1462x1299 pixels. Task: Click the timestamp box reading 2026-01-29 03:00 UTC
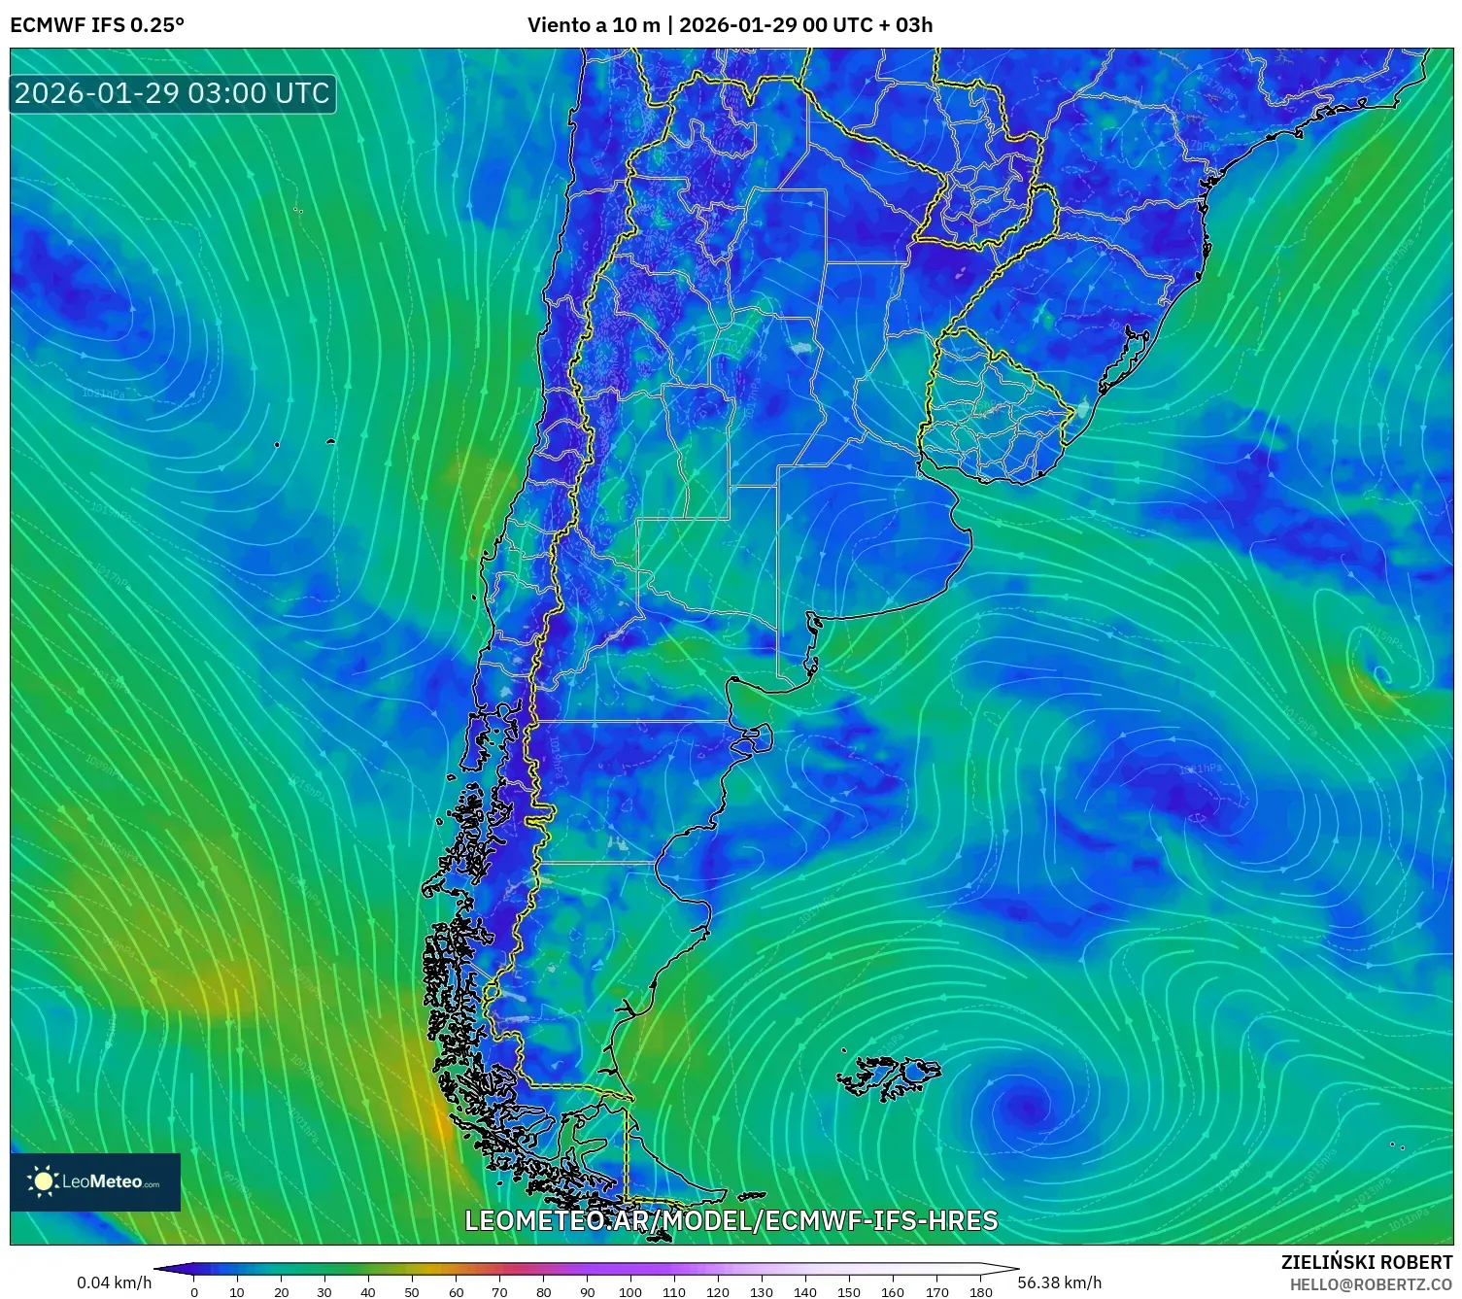tap(172, 93)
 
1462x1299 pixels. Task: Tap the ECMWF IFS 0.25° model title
tap(97, 25)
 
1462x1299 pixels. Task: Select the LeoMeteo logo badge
tap(95, 1181)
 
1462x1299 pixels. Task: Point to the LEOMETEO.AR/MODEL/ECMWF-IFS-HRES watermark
tap(731, 1220)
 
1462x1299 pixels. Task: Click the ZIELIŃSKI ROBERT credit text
tap(1366, 1262)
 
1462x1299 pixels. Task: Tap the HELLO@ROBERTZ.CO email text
tap(1370, 1284)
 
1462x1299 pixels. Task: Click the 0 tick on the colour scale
tap(194, 1291)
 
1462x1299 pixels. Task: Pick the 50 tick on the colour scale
tap(412, 1291)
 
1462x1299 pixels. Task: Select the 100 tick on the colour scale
tap(630, 1291)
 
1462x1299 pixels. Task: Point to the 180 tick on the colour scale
tap(980, 1291)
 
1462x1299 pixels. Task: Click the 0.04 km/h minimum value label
tap(114, 1282)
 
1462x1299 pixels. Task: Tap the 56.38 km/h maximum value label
tap(1059, 1282)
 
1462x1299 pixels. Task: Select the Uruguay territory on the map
tap(996, 408)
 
